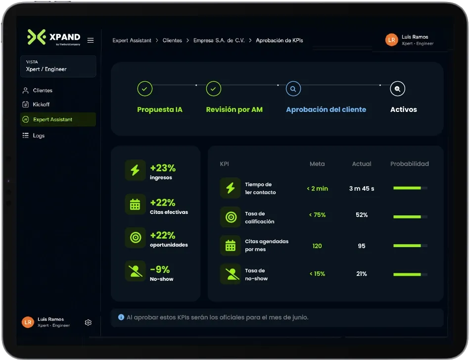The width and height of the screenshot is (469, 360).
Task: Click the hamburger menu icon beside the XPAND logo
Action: pyautogui.click(x=91, y=40)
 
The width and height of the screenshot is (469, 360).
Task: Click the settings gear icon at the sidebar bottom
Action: pyautogui.click(x=88, y=322)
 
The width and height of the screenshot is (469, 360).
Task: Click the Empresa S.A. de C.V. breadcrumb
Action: pyautogui.click(x=219, y=41)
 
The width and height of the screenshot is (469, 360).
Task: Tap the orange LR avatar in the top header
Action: pyautogui.click(x=391, y=40)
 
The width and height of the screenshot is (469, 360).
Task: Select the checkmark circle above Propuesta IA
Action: pyautogui.click(x=145, y=89)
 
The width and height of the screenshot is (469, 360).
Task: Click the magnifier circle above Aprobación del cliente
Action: pyautogui.click(x=293, y=89)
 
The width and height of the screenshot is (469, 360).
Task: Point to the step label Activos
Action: pyautogui.click(x=404, y=109)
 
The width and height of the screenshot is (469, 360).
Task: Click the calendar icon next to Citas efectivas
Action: pyautogui.click(x=135, y=204)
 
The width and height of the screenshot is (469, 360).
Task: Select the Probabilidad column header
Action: pyautogui.click(x=410, y=164)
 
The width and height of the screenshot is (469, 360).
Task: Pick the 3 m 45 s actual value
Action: pyautogui.click(x=362, y=188)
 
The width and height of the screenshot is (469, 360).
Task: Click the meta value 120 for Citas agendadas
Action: pyautogui.click(x=317, y=246)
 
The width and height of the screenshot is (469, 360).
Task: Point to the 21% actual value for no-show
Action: pyautogui.click(x=362, y=274)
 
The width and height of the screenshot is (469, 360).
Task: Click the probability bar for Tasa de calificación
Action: pyautogui.click(x=410, y=216)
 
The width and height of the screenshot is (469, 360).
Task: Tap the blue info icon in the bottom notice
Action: pyautogui.click(x=121, y=317)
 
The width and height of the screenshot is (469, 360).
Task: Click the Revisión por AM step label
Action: pyautogui.click(x=234, y=109)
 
